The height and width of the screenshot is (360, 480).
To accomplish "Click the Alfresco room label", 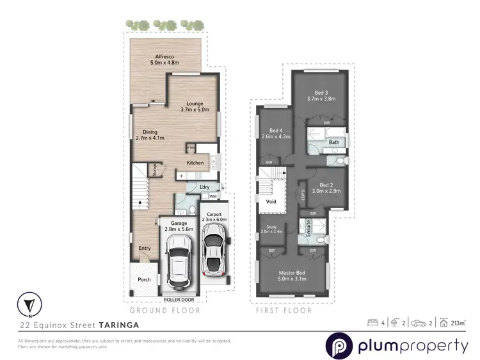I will [x=164, y=60].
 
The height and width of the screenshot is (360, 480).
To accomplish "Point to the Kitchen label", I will [x=196, y=163].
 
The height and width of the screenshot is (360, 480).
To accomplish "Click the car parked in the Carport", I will [x=213, y=254].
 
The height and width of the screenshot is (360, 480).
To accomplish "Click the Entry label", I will [x=145, y=247].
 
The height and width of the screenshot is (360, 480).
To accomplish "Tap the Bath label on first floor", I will [x=334, y=142].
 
